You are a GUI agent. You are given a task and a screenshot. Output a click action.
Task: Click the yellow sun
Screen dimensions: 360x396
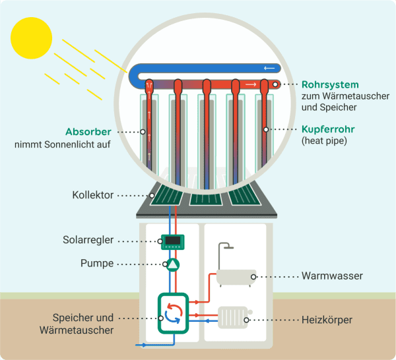(x=31, y=37)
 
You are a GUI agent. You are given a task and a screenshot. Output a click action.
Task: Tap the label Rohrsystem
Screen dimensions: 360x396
(x=329, y=84)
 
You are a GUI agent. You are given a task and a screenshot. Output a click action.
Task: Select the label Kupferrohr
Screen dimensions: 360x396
(x=328, y=129)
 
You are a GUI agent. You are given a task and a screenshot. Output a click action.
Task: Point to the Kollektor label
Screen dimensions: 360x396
(x=93, y=195)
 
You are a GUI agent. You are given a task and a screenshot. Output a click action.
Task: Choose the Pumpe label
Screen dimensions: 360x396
(x=96, y=264)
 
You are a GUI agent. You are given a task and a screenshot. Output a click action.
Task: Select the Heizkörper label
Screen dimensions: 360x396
(x=327, y=320)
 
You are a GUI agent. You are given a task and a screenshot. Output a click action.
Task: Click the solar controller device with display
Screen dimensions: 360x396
(x=172, y=242)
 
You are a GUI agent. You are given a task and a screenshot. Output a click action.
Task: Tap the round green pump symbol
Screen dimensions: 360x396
(x=172, y=264)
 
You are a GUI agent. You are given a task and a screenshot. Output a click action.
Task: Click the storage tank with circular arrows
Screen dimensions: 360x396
(x=172, y=312)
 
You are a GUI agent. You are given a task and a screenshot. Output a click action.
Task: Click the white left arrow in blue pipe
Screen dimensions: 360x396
(x=268, y=68)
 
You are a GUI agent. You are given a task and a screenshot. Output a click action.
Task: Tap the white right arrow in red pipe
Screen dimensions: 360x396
(x=251, y=84)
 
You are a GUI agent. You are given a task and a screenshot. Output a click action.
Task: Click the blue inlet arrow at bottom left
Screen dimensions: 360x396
(x=139, y=344)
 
